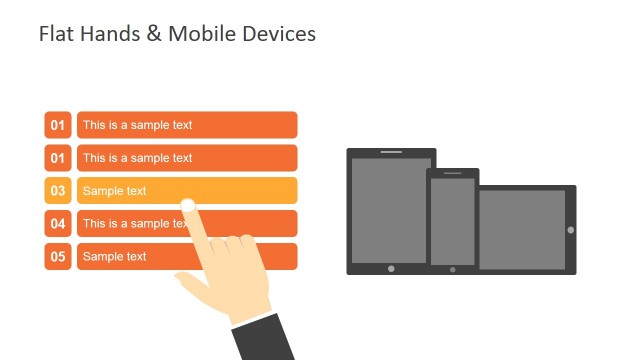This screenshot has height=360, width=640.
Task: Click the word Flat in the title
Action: [54, 34]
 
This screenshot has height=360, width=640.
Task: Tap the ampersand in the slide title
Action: [153, 34]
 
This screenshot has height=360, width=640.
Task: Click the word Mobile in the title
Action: [203, 34]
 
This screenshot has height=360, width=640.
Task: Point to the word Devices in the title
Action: [279, 34]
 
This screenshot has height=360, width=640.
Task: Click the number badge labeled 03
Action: [58, 191]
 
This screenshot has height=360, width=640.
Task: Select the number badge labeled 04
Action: [58, 224]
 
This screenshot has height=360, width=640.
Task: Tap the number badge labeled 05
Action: [58, 257]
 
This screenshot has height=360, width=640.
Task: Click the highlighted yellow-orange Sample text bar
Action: [240, 190]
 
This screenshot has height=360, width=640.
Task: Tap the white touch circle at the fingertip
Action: [187, 205]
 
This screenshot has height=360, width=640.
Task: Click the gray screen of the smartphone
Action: [452, 221]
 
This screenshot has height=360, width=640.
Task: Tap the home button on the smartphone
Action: [452, 269]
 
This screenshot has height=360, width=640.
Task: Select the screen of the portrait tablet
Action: [391, 209]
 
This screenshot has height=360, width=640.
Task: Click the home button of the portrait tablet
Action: [391, 268]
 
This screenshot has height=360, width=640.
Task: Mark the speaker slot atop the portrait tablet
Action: [391, 152]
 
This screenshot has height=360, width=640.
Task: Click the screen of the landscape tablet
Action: [521, 229]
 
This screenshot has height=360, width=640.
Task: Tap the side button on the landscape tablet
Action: [571, 230]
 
